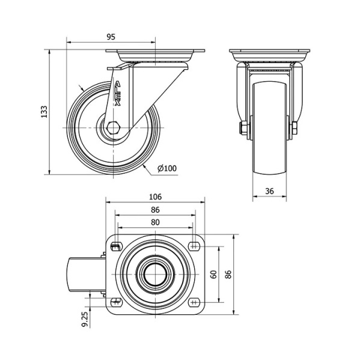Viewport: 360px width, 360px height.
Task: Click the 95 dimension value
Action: click(111, 37)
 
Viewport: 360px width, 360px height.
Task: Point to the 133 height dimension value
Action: click(44, 112)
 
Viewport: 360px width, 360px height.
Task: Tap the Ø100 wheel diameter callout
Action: click(167, 168)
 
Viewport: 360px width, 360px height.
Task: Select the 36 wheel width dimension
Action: click(269, 191)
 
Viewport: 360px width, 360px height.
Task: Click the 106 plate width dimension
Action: click(156, 197)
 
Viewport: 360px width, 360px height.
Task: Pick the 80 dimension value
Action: click(156, 222)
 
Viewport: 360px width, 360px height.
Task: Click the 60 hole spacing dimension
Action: click(214, 275)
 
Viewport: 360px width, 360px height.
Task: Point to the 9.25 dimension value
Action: click(85, 319)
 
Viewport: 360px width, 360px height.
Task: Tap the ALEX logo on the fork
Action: click(117, 93)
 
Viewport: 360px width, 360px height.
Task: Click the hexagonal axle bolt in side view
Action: click(113, 127)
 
